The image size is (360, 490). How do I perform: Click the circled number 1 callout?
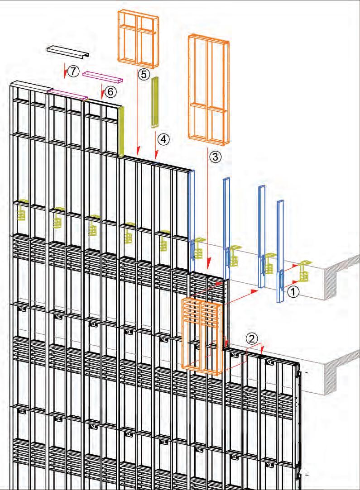(293, 292)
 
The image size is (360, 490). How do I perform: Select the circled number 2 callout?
(252, 338)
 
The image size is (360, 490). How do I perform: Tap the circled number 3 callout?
(216, 157)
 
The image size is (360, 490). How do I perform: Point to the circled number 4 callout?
(163, 139)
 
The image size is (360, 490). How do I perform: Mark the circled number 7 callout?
(74, 70)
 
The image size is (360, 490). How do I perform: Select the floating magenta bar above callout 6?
(102, 76)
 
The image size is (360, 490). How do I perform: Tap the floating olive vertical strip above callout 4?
(155, 102)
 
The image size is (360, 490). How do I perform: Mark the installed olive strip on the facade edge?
(121, 132)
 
